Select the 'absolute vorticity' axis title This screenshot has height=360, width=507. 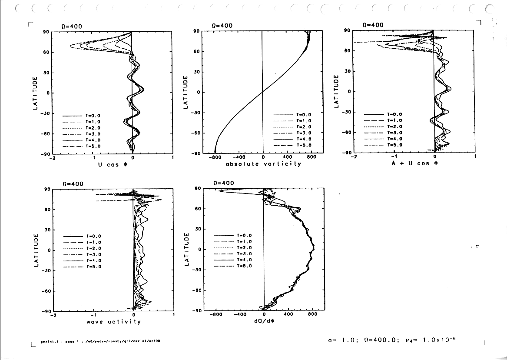(263, 164)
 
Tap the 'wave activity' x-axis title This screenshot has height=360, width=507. (114, 322)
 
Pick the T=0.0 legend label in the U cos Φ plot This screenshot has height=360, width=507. (93, 116)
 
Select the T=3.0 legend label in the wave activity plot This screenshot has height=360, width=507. (93, 254)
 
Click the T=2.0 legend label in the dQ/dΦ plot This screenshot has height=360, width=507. (244, 247)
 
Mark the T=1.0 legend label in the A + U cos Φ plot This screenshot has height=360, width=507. (394, 120)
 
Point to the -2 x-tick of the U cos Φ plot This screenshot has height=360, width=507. (51, 158)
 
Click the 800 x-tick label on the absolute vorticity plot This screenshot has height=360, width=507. (311, 157)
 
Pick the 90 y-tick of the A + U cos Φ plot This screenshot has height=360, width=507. (347, 30)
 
